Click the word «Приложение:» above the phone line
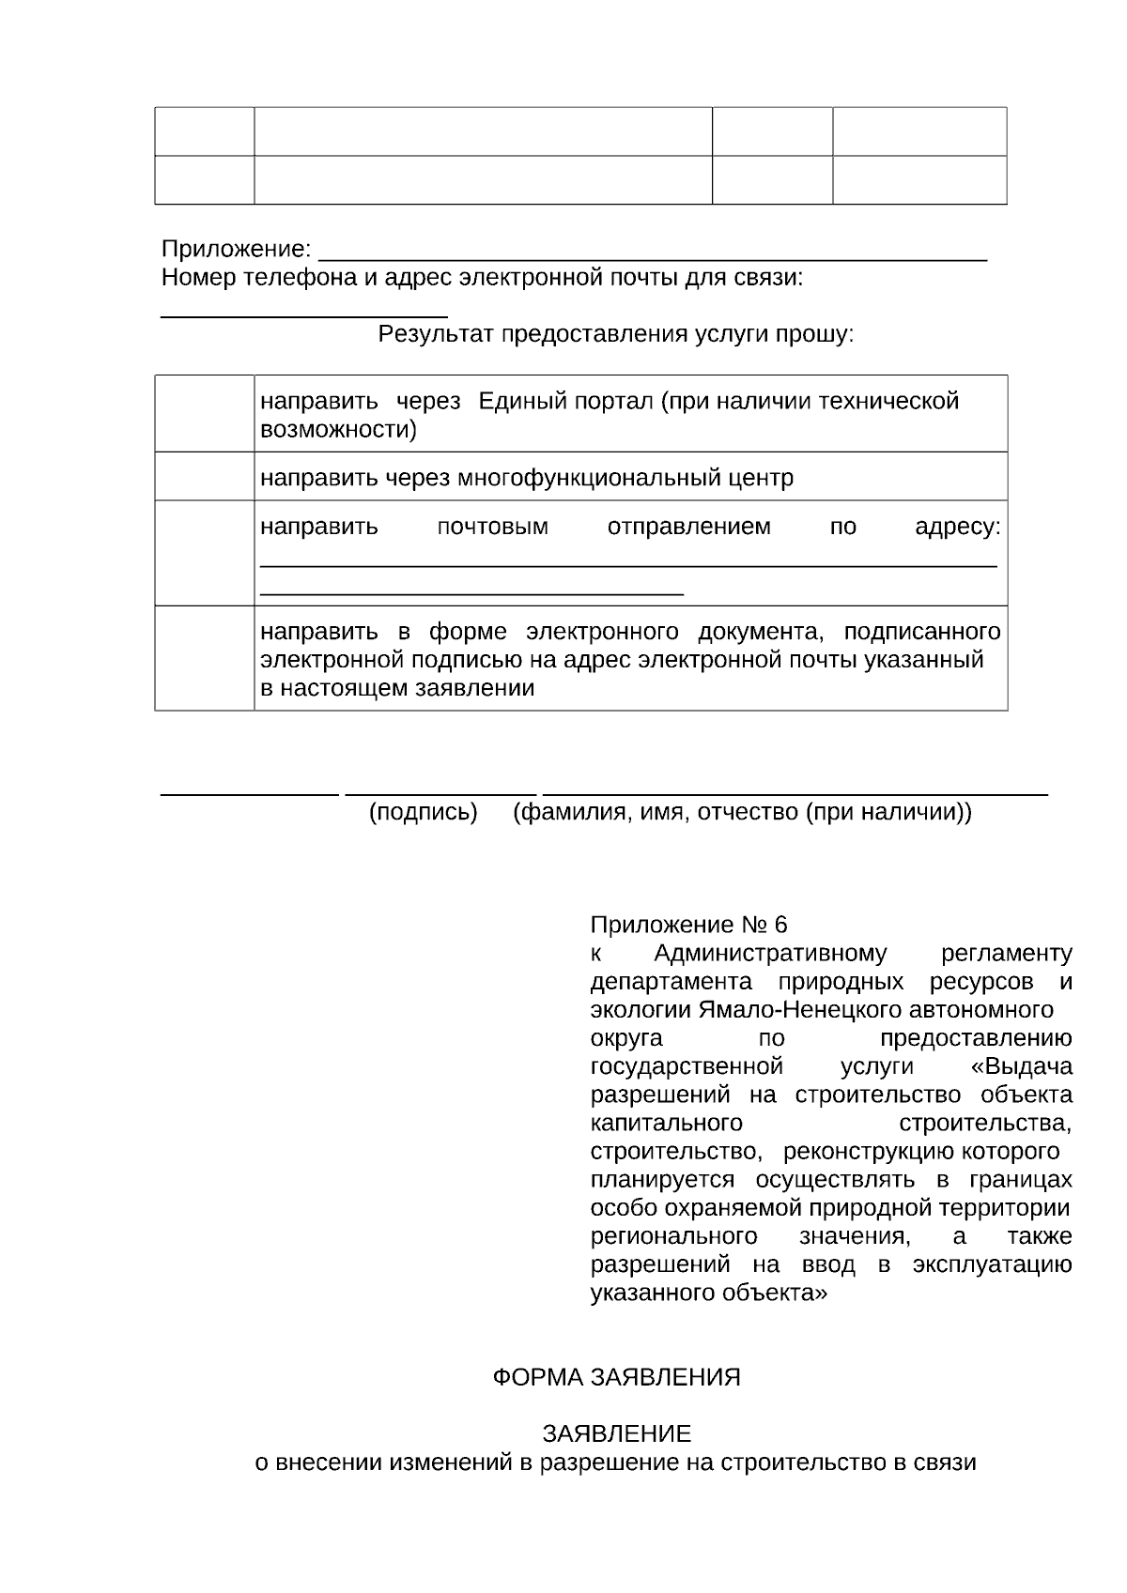pyautogui.click(x=236, y=250)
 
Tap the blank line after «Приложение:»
pyautogui.click(x=653, y=255)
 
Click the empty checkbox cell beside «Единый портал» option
pyautogui.click(x=205, y=414)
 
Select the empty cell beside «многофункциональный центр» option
pyautogui.click(x=205, y=477)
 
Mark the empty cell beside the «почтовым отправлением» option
pyautogui.click(x=205, y=553)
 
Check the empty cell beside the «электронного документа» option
pyautogui.click(x=205, y=658)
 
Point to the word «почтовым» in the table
pyautogui.click(x=493, y=528)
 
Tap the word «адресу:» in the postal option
pyautogui.click(x=957, y=528)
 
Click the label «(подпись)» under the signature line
pyautogui.click(x=424, y=812)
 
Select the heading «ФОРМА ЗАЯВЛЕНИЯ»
pyautogui.click(x=617, y=1378)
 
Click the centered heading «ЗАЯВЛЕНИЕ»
pyautogui.click(x=617, y=1434)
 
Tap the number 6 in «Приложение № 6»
pyautogui.click(x=780, y=926)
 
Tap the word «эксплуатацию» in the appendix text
pyautogui.click(x=992, y=1265)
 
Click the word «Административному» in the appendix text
pyautogui.click(x=770, y=955)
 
